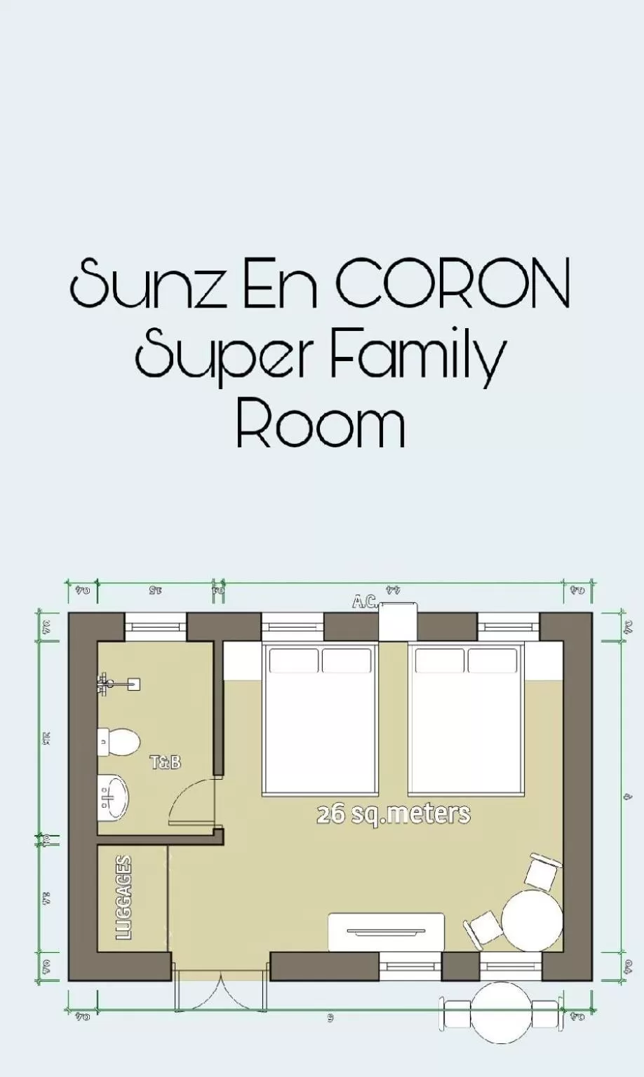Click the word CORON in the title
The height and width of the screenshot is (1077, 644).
click(x=452, y=284)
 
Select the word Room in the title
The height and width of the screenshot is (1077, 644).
click(x=321, y=424)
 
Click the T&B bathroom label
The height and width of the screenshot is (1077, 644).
click(x=166, y=762)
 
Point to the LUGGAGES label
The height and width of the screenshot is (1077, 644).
click(x=124, y=897)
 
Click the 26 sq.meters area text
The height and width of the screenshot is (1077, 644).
click(x=393, y=814)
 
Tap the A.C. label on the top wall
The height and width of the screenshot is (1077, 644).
click(x=365, y=602)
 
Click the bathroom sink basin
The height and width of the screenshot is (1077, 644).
click(x=112, y=797)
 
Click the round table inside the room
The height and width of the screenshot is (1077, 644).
click(x=532, y=921)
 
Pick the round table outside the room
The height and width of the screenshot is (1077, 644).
click(x=500, y=1012)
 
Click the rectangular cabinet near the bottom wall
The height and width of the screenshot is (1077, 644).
click(x=387, y=932)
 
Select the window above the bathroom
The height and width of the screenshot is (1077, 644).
click(x=156, y=626)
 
